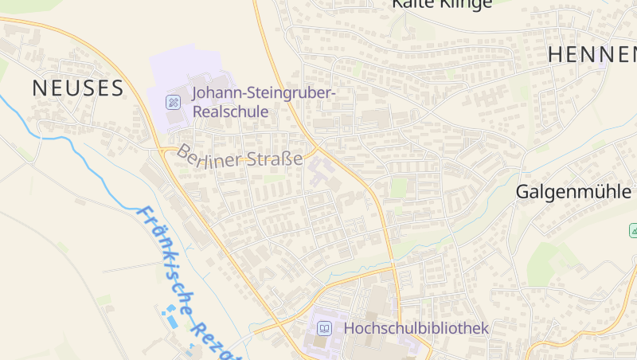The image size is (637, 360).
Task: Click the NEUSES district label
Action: click(x=78, y=88)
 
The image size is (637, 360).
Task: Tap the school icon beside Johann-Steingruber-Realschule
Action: click(x=172, y=102)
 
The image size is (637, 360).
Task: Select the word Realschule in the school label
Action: click(x=230, y=112)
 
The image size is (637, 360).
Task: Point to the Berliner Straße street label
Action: click(x=240, y=155)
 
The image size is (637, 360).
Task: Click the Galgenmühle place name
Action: click(x=573, y=192)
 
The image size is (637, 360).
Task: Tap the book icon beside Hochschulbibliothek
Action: click(x=324, y=328)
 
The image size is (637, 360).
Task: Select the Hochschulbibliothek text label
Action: click(x=416, y=328)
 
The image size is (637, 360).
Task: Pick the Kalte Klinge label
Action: click(x=441, y=4)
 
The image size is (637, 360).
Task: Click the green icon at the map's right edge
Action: click(x=632, y=230)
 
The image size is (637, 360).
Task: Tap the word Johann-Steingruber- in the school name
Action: click(x=264, y=94)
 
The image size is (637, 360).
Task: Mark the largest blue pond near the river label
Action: click(x=171, y=319)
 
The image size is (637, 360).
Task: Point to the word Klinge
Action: click(x=465, y=4)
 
